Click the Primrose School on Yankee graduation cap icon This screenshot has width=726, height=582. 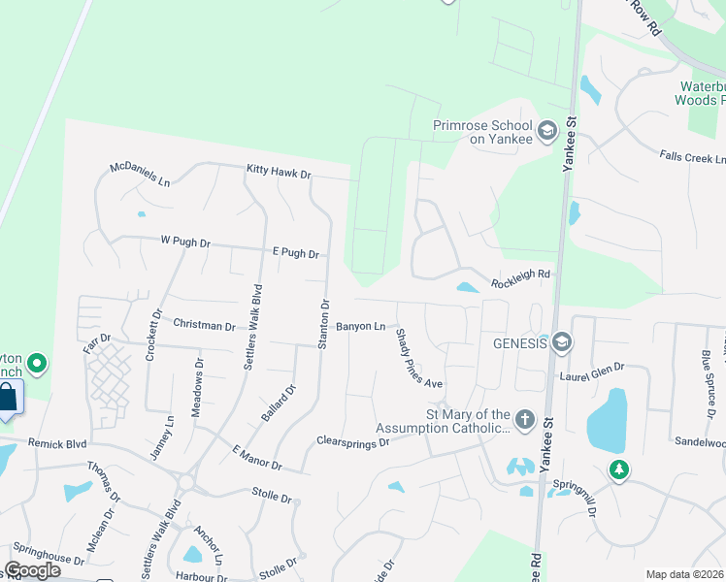[x=546, y=130]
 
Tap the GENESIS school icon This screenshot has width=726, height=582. [x=561, y=342]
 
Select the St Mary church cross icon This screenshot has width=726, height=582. [x=524, y=419]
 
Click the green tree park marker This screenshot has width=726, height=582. [x=618, y=470]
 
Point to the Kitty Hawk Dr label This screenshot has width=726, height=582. [x=278, y=174]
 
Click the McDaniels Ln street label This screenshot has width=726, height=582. [x=140, y=176]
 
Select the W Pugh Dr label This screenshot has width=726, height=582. [x=185, y=242]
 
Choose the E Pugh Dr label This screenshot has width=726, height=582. [x=295, y=252]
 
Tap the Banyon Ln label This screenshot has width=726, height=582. [x=361, y=326]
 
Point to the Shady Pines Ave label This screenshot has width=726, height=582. [x=417, y=358]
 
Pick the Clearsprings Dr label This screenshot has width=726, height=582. [x=352, y=440]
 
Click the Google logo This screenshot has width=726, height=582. [x=32, y=569]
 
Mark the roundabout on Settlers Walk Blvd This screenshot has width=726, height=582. [x=185, y=482]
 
